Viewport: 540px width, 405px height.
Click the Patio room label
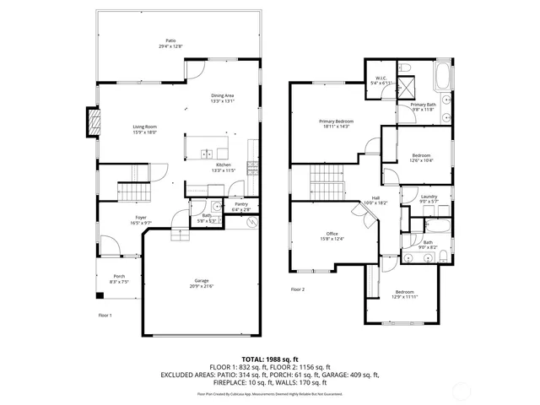coord(171,40)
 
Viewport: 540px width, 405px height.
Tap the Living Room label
coord(144,127)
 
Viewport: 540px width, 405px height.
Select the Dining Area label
coord(223,96)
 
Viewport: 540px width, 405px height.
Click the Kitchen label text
coord(223,165)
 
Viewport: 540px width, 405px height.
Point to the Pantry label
coord(241,204)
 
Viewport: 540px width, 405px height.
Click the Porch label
coord(118,278)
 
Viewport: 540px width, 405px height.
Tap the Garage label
coord(201,281)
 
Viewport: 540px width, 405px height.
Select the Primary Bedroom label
coord(336,121)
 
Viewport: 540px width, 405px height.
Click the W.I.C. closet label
coord(381,78)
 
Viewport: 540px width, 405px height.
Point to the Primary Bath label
coord(424,105)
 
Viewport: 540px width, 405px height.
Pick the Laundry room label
coord(429,197)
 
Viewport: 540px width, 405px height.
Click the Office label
coord(332,234)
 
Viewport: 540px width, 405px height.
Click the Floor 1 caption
coord(105,315)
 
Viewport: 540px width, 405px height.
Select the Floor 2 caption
coord(298,289)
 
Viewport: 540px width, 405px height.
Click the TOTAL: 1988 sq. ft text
coord(269,359)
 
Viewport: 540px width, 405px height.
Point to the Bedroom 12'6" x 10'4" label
coord(421,156)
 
